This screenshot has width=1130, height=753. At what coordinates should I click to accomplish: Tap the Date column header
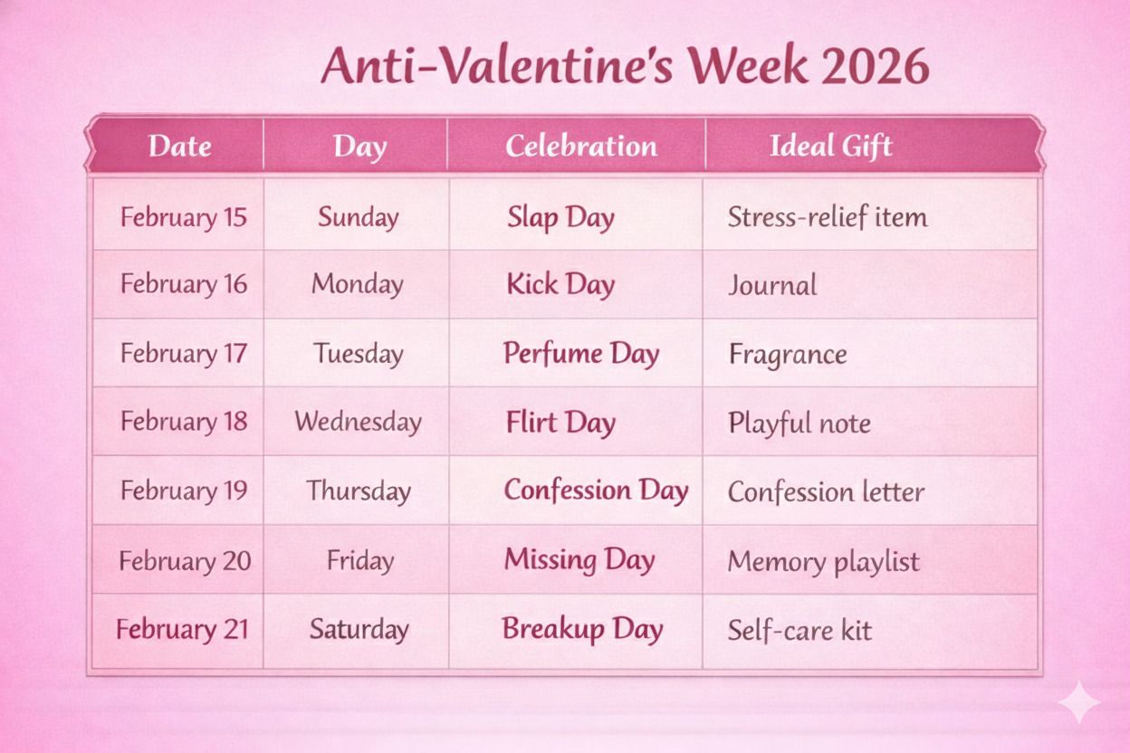click(x=179, y=146)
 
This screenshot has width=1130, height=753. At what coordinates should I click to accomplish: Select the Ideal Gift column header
click(x=830, y=146)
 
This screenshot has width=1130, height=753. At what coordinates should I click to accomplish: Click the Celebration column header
click(x=580, y=146)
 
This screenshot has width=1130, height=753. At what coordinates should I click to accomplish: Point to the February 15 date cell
click(x=183, y=217)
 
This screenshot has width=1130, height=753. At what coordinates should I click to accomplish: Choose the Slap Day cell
click(x=560, y=217)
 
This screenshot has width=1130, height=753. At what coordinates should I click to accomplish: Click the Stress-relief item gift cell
click(x=827, y=217)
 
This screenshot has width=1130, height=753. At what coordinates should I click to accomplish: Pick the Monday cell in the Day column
click(x=357, y=284)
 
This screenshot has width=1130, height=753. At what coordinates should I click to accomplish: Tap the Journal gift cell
click(x=771, y=286)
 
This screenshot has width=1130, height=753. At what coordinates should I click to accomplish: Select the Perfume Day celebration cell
click(x=580, y=354)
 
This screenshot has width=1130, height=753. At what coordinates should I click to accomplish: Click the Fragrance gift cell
click(x=787, y=355)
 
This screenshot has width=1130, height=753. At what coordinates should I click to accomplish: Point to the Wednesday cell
click(x=358, y=422)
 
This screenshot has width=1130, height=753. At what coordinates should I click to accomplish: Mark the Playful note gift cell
click(x=799, y=424)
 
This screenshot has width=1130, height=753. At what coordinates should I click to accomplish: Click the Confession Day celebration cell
click(x=595, y=491)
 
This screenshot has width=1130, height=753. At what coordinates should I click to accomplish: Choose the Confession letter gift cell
click(x=825, y=492)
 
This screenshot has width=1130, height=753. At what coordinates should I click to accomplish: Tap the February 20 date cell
click(x=184, y=560)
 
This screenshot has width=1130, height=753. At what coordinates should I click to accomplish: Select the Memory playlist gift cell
click(x=822, y=561)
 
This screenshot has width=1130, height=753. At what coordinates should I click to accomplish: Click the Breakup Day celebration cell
click(x=582, y=629)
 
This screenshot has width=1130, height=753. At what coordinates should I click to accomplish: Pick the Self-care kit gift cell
click(x=799, y=630)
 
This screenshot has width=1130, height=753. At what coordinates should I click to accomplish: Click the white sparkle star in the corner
click(x=1079, y=703)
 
